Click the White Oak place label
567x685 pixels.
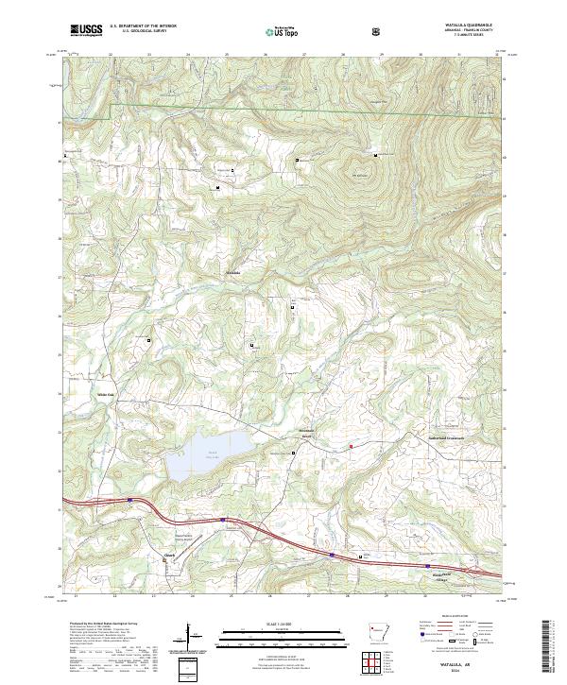coord(105,395)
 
